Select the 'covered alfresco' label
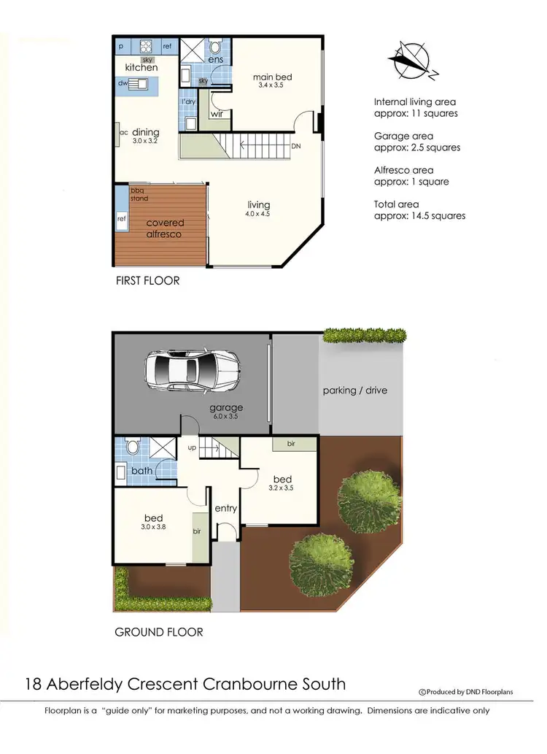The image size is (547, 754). click(166, 228)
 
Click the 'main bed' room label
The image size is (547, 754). click(272, 77)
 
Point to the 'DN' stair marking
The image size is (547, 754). click(295, 146)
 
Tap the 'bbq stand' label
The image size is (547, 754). click(139, 194)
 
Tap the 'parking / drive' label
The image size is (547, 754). click(355, 391)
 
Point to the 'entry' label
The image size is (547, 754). click(226, 508)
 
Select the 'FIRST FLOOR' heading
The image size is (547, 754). click(147, 280)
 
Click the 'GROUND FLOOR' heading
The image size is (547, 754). click(159, 632)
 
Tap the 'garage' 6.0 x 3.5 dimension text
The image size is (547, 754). click(226, 417)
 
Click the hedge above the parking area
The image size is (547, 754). click(365, 336)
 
